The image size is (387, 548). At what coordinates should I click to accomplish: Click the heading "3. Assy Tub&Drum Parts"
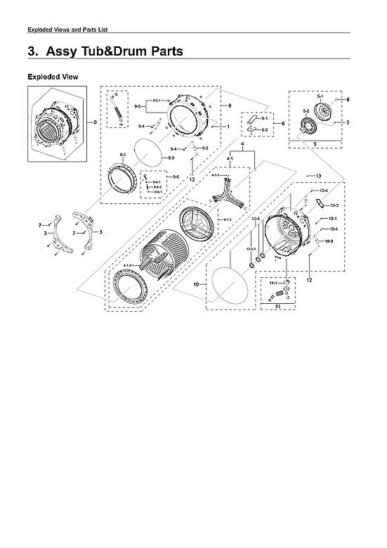105,51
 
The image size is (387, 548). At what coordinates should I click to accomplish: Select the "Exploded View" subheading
52,76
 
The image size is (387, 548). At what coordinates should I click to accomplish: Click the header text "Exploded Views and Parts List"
66,29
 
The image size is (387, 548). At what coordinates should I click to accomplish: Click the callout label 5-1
320,95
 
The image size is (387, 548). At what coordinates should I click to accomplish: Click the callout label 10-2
334,205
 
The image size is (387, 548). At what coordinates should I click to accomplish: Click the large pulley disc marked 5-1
325,113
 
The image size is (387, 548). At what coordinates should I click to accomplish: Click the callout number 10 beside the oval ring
196,284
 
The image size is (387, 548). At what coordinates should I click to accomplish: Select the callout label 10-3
329,241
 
